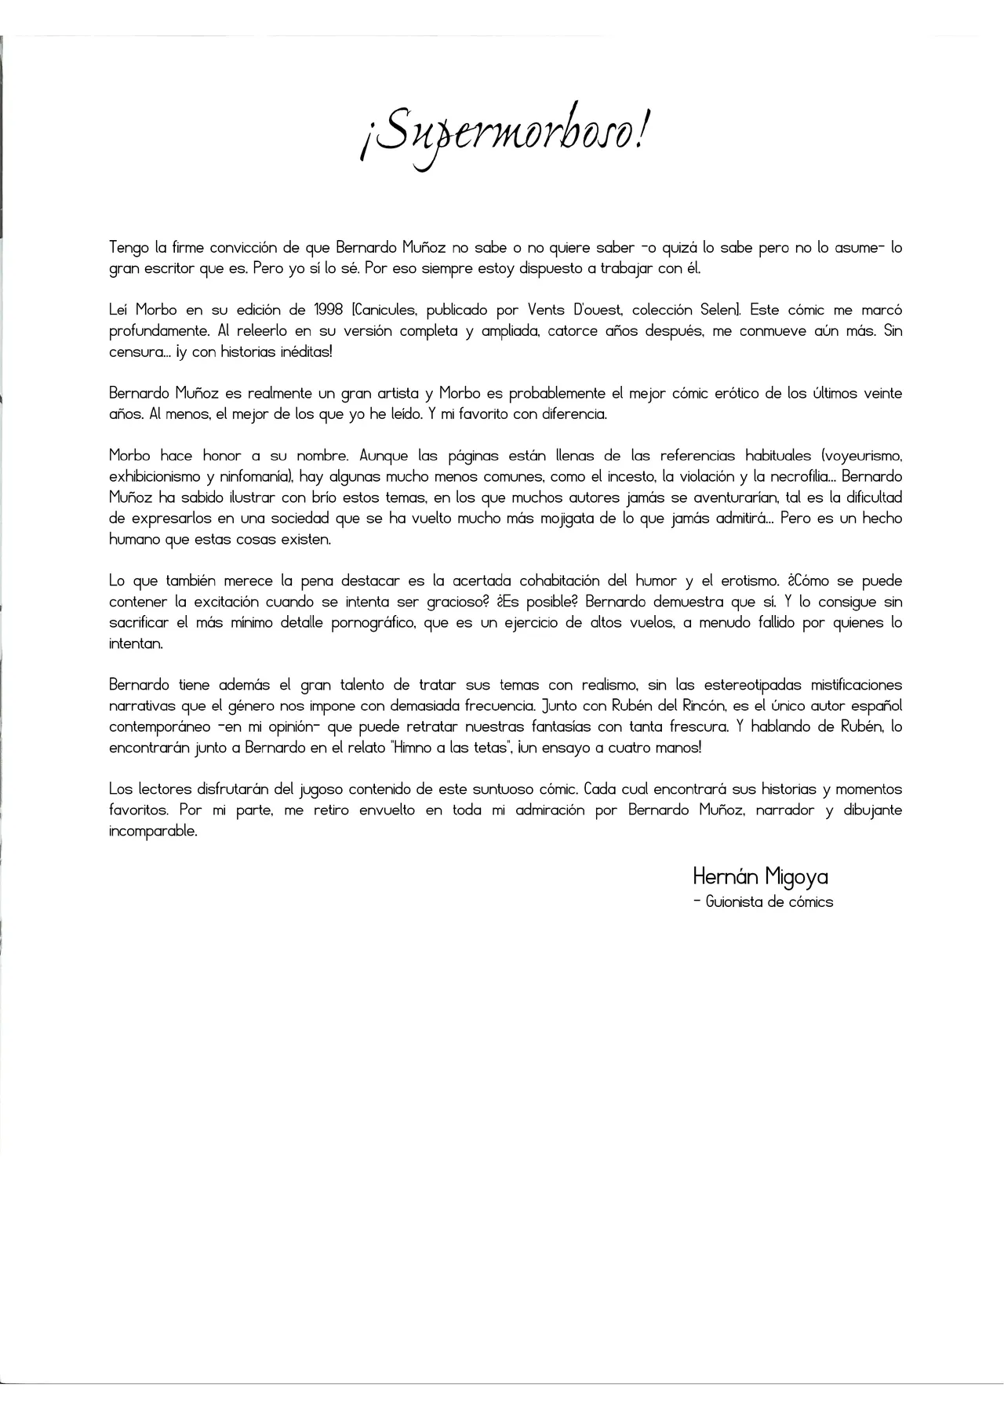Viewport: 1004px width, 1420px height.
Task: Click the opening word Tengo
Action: coord(129,248)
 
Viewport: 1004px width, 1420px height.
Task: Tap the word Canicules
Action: coord(384,310)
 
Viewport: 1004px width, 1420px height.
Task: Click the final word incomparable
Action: coord(152,832)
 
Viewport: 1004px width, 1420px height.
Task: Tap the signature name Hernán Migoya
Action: coord(760,876)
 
